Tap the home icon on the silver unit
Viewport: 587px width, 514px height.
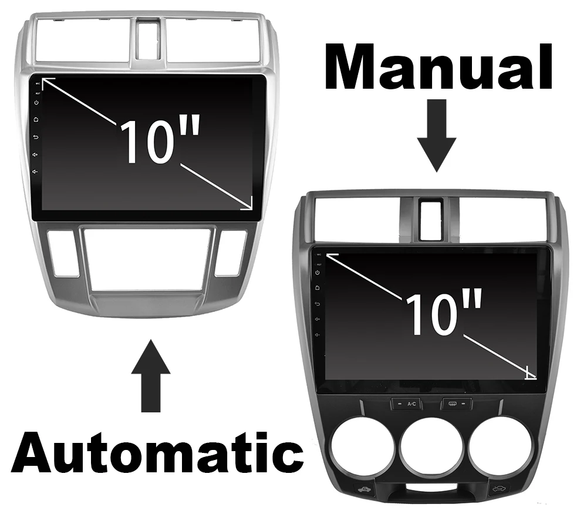(x=37, y=120)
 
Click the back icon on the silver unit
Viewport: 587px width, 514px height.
(x=37, y=137)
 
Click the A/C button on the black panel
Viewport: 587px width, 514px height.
(x=407, y=404)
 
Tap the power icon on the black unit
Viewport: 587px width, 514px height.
(x=318, y=273)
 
